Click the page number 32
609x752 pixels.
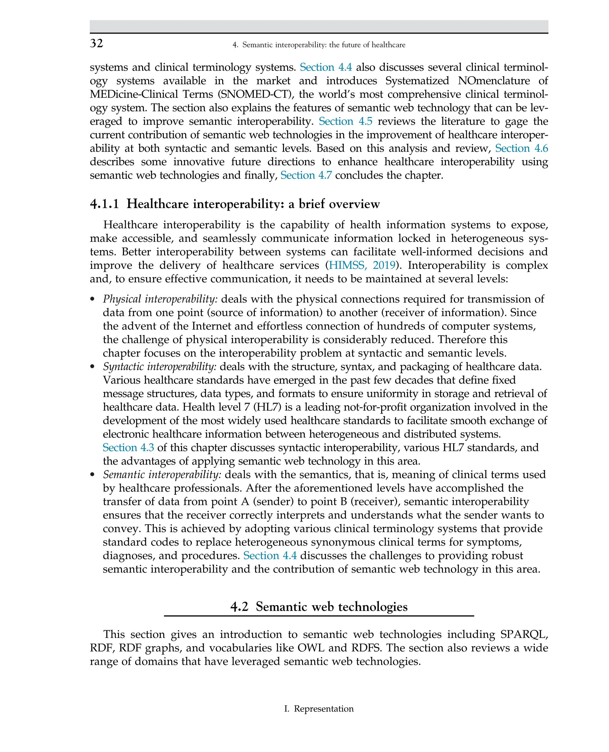tap(96, 43)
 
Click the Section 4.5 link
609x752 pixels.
tap(345, 121)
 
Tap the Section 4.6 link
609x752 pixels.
tap(521, 149)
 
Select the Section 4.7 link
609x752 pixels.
tap(306, 175)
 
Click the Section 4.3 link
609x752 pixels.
tap(128, 448)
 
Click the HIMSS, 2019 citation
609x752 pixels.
tap(362, 266)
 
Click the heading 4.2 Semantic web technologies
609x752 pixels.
tap(318, 607)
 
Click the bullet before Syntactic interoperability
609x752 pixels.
tap(92, 367)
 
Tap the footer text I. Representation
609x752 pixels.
tap(318, 709)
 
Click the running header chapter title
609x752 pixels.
tap(318, 45)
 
